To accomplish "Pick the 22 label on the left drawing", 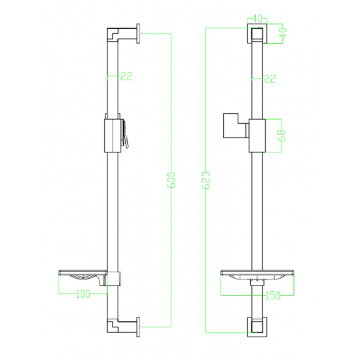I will (x=126, y=77).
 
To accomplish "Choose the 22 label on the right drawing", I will (x=269, y=79).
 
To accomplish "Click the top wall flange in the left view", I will (x=139, y=33).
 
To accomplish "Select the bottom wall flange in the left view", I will (x=139, y=325).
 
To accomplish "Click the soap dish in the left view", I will (x=82, y=278).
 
